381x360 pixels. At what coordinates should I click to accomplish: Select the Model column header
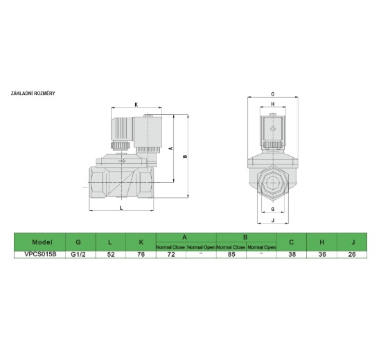(x=42, y=242)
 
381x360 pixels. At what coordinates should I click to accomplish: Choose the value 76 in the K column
(x=141, y=254)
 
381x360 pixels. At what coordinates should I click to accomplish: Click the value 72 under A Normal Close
(x=170, y=254)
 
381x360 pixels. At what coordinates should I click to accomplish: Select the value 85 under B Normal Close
(x=231, y=254)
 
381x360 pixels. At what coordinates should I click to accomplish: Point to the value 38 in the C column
(x=292, y=254)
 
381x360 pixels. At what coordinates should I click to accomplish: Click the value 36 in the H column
(x=322, y=254)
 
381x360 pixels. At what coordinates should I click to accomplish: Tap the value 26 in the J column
(x=353, y=254)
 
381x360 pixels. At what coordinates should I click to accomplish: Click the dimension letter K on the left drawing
(x=136, y=105)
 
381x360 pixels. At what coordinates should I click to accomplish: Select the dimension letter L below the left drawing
(x=121, y=207)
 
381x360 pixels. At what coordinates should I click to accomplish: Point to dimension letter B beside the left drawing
(x=184, y=156)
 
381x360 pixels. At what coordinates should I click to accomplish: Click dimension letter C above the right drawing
(x=273, y=93)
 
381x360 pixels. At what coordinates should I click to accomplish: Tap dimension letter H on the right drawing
(x=273, y=105)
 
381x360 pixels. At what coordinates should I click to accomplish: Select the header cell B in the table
(x=246, y=237)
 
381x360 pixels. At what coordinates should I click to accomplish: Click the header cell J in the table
(x=353, y=242)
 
